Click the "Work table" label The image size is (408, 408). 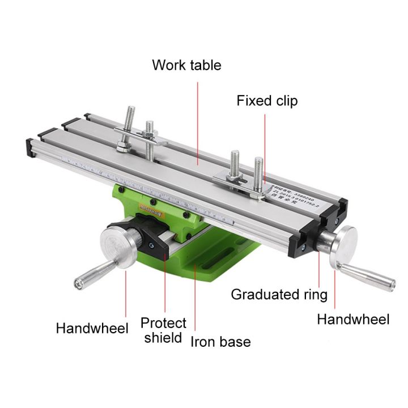(186, 65)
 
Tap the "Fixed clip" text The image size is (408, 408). (267, 101)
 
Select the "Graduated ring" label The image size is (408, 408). (279, 295)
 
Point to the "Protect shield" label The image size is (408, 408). (163, 330)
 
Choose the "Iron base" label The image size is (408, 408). (220, 341)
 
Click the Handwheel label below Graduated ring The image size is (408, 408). (352, 320)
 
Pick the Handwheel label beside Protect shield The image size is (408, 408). (92, 328)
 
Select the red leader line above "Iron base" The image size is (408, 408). (195, 300)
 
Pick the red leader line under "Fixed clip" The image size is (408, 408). (265, 147)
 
